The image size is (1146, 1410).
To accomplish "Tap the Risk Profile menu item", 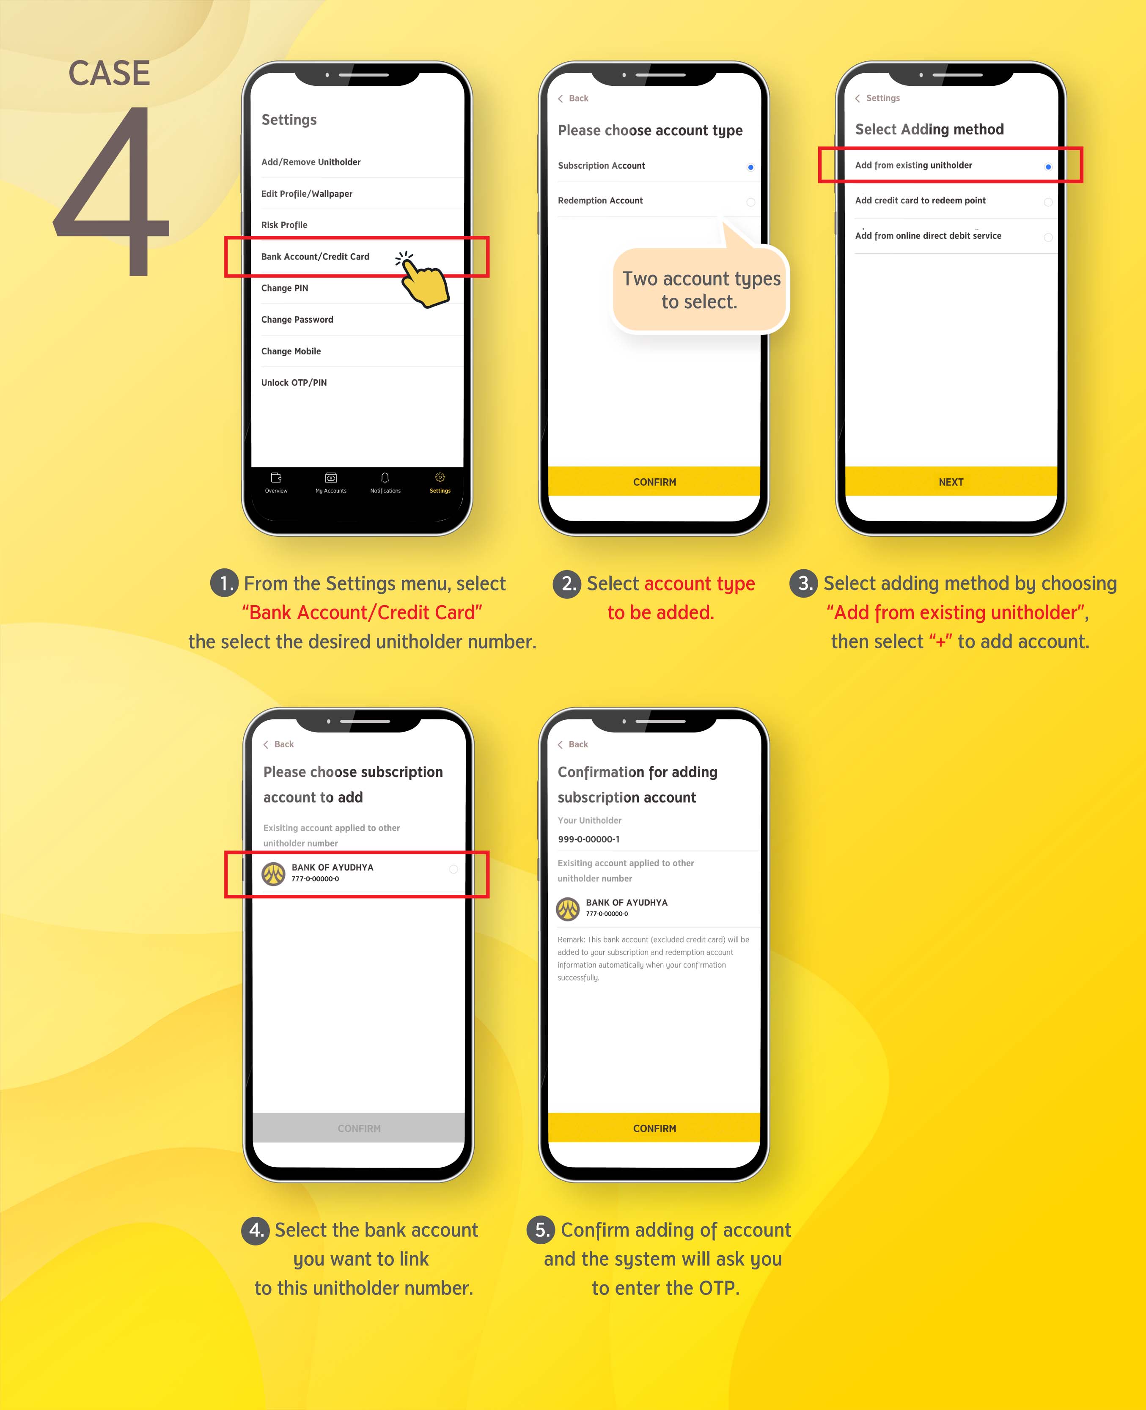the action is coord(284,225).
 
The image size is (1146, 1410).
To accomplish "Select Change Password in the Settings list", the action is coord(297,319).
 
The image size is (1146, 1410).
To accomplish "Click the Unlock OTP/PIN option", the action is coord(294,383).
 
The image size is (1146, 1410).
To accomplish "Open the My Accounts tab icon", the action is coord(331,478).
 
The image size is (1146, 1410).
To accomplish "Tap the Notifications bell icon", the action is coord(385,478).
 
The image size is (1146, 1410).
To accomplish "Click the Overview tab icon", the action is coord(276,478).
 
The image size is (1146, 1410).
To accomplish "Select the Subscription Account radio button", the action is coord(750,167).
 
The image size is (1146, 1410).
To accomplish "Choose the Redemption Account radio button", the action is coord(750,202).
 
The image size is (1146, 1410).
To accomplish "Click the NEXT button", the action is coord(951,482).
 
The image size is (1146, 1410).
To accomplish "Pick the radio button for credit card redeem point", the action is coord(1047,202).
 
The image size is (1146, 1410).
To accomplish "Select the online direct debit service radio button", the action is coord(1047,237).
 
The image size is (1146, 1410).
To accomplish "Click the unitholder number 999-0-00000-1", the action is coord(589,839).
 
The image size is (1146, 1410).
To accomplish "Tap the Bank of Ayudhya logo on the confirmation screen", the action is coord(568,908).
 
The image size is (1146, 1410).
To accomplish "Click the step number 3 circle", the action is coord(803,583).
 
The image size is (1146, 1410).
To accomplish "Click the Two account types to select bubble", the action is coord(701,290).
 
